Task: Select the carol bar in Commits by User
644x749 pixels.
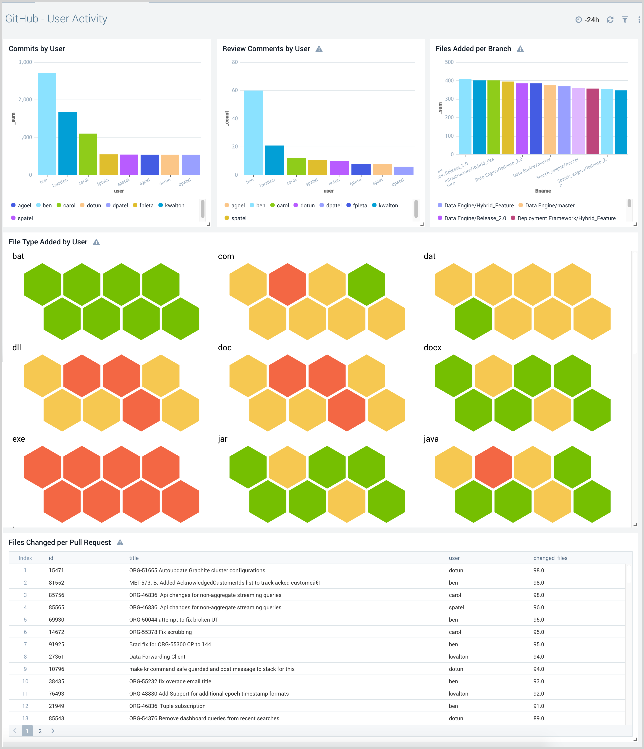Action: coord(88,154)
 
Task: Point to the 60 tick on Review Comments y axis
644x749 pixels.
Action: coord(235,90)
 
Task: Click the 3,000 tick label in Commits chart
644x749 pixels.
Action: coord(25,62)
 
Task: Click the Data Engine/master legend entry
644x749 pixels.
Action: coord(549,205)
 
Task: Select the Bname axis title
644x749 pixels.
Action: coord(543,191)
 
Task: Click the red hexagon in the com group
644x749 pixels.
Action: coord(288,285)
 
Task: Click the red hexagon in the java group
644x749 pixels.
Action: coord(493,467)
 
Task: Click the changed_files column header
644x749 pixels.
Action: coord(550,558)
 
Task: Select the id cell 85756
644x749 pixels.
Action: coord(56,595)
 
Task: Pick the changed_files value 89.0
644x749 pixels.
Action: coord(539,718)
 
